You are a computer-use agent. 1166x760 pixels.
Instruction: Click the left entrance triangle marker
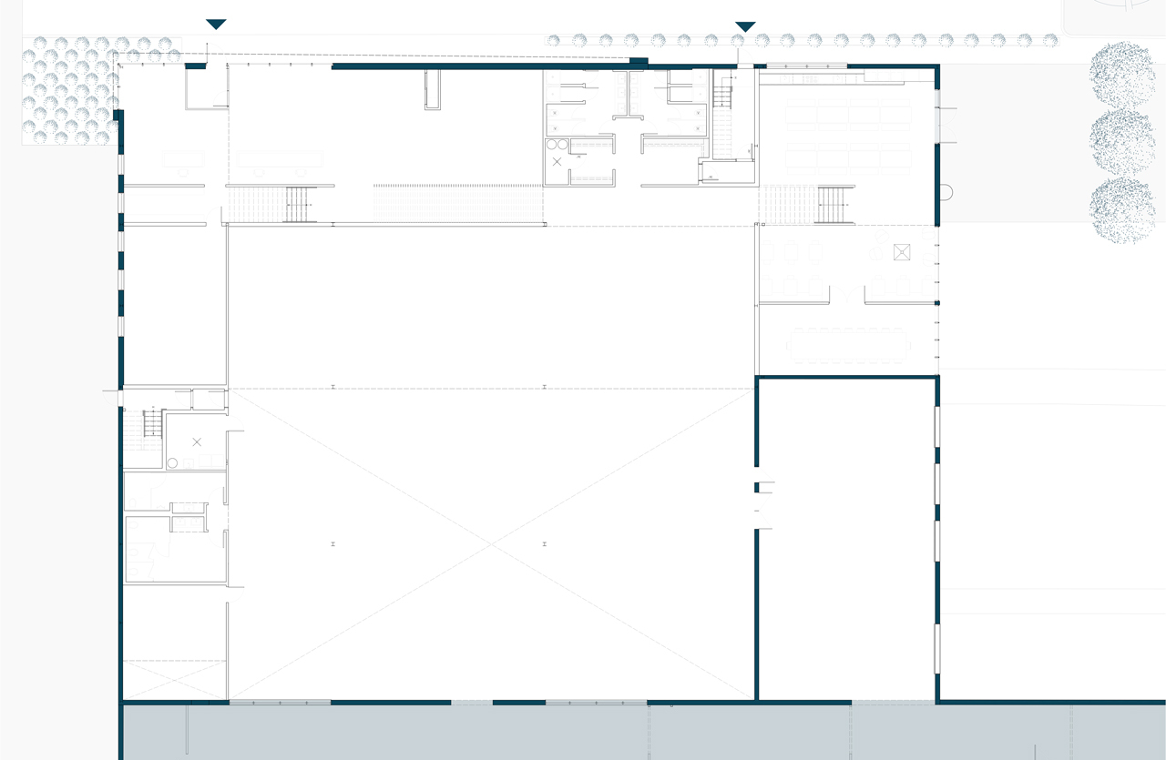(216, 25)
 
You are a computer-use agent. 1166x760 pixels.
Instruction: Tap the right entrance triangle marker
(745, 26)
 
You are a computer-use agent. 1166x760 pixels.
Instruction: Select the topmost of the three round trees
(1122, 73)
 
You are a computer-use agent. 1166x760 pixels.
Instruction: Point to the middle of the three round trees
(1122, 142)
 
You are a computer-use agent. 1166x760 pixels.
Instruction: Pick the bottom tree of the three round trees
(1122, 210)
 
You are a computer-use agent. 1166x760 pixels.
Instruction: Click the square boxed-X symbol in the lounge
(902, 252)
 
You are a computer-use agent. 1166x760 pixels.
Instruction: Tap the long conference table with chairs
(848, 346)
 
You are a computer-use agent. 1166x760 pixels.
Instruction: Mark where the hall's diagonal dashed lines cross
(492, 544)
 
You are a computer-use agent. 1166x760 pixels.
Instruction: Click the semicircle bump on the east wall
(945, 193)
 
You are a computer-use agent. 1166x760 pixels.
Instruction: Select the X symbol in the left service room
(197, 442)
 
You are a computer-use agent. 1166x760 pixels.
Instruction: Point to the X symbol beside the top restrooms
(557, 162)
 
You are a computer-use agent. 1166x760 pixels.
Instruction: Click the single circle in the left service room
(172, 462)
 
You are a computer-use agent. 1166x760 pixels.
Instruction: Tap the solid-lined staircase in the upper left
(298, 204)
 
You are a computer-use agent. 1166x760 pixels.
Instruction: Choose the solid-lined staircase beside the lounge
(834, 205)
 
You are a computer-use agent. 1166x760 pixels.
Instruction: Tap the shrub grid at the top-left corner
(69, 89)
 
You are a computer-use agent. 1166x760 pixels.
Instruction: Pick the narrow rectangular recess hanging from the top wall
(433, 89)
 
